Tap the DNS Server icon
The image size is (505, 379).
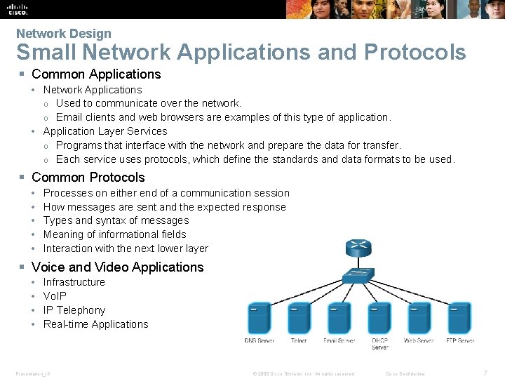[x=260, y=318]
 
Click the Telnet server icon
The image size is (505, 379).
[x=299, y=318]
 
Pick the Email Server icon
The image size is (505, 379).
[x=339, y=318]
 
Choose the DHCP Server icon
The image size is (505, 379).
[x=379, y=318]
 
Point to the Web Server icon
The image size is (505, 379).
[x=419, y=318]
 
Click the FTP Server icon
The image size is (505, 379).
[x=459, y=318]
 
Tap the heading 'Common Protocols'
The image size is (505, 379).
[x=88, y=178]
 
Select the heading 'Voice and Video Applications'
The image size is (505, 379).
[x=117, y=267]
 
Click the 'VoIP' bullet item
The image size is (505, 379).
[x=55, y=296]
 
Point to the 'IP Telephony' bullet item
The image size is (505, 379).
[x=74, y=310]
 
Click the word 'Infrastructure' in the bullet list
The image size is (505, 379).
[x=74, y=282]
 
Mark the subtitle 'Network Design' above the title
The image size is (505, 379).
[x=63, y=33]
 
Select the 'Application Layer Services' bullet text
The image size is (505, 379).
[x=105, y=131]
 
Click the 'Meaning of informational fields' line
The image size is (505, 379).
[x=114, y=234]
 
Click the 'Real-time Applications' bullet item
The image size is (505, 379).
[x=95, y=324]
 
